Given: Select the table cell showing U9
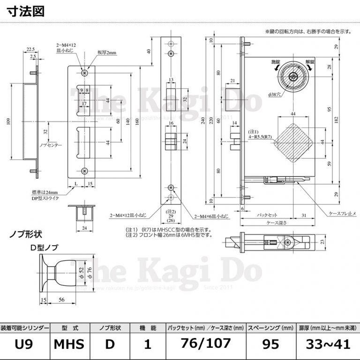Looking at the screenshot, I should tap(23, 344).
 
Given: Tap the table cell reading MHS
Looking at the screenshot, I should tap(69, 344).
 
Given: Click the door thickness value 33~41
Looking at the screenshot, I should tap(328, 344).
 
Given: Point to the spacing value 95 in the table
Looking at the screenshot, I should tap(271, 344).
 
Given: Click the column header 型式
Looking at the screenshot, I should tap(69, 328).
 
